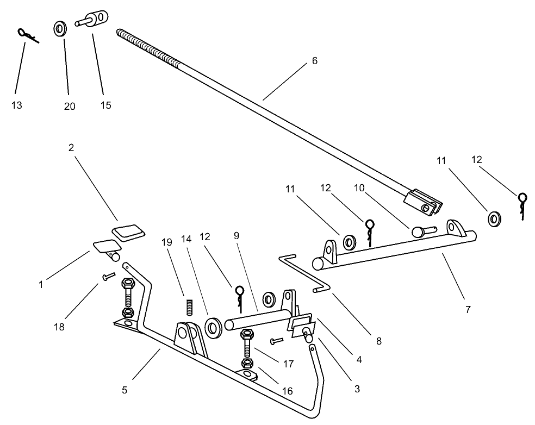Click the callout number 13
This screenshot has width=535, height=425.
click(x=17, y=105)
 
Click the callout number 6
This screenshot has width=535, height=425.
click(x=314, y=61)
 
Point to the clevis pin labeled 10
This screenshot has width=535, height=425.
click(x=422, y=230)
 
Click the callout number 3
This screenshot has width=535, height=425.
click(x=357, y=389)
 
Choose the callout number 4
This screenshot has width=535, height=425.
click(x=359, y=359)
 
